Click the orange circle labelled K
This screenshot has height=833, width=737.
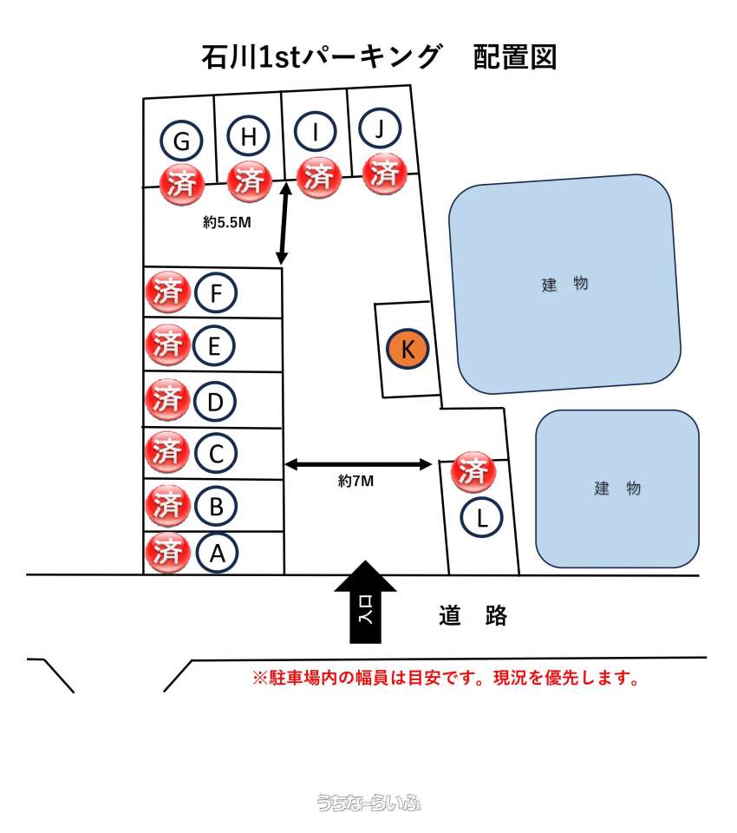click(408, 349)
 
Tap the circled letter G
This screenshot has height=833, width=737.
click(181, 141)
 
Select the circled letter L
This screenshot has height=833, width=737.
click(481, 517)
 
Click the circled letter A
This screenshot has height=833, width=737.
click(217, 553)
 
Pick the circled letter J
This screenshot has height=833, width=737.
click(380, 128)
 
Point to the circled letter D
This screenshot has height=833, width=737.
click(214, 402)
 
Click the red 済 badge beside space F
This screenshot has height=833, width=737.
click(168, 292)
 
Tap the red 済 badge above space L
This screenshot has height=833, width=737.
click(473, 472)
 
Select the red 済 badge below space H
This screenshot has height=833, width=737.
click(249, 181)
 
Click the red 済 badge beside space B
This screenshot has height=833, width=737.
click(168, 504)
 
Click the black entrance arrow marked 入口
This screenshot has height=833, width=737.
click(365, 602)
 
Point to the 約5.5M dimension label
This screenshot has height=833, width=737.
click(226, 222)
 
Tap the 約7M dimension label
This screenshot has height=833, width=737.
click(355, 481)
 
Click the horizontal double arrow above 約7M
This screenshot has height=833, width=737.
click(358, 465)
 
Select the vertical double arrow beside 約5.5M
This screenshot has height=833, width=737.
click(284, 223)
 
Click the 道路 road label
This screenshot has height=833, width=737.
click(473, 616)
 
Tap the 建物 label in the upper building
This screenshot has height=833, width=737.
click(564, 284)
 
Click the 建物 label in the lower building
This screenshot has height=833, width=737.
click(617, 488)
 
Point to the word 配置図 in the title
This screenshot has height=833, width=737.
click(514, 57)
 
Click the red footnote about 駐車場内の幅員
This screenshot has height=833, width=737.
click(446, 678)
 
